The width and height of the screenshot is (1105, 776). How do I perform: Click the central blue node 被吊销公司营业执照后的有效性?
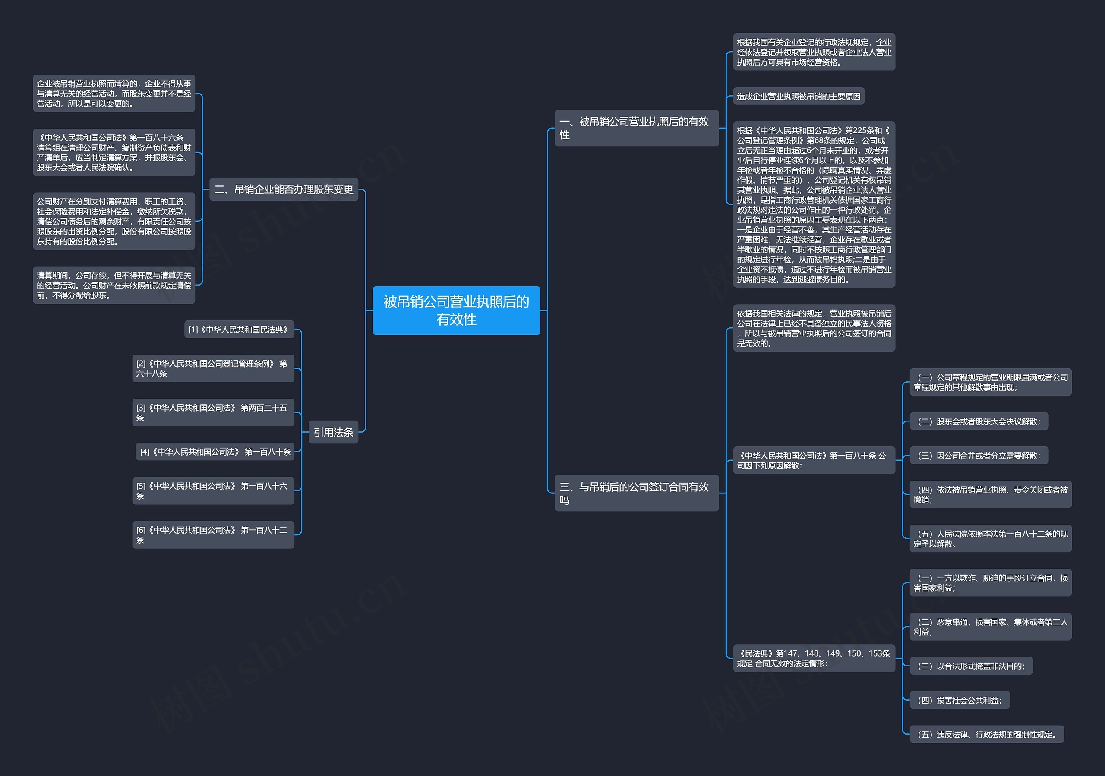coord(456,310)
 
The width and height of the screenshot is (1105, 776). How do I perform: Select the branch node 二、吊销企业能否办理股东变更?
coord(284,189)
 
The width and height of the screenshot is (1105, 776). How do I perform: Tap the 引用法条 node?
coord(333,432)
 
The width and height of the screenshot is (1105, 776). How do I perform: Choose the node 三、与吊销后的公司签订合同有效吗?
coord(636,493)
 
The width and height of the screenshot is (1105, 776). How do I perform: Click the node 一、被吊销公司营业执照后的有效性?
coord(636,128)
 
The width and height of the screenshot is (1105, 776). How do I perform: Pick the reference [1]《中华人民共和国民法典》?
coord(239,330)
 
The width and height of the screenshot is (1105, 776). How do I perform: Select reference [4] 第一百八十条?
coord(215,452)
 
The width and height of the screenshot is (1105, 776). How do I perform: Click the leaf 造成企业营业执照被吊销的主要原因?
coord(799,96)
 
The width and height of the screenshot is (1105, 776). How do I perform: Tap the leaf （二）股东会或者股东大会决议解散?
coord(979,421)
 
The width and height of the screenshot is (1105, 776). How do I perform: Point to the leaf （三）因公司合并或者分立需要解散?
coord(979,456)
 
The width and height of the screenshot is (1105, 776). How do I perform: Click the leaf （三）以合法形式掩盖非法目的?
coord(971,666)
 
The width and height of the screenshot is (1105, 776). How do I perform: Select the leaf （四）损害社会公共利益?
coord(959,700)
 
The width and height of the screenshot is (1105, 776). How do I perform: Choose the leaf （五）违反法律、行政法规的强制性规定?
coord(986,734)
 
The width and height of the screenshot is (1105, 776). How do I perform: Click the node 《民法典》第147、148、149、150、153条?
coord(813,658)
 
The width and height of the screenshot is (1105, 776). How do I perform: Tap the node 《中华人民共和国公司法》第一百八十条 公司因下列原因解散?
coord(813,460)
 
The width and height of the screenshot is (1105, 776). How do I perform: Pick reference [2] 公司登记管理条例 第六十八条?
coord(213,368)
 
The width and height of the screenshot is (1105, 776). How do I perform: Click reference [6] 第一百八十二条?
coord(213,534)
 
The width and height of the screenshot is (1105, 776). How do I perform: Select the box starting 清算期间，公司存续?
coord(114,285)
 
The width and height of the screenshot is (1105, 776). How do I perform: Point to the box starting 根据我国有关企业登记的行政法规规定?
coord(813,52)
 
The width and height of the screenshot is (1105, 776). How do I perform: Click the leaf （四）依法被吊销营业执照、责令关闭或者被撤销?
coord(990,495)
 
